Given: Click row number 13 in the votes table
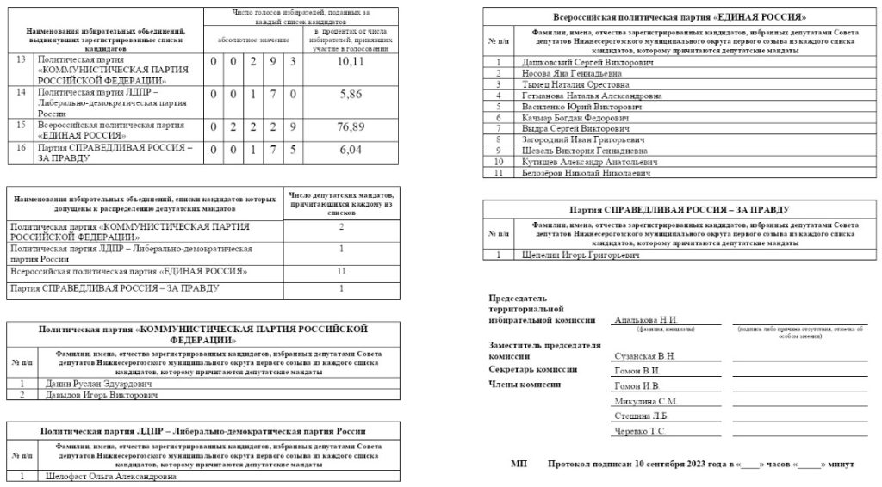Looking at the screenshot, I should click(21, 61).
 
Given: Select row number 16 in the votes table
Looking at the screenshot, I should click(21, 147).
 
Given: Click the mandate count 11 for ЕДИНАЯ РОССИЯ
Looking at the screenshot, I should click(341, 272).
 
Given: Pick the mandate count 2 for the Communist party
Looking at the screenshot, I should click(341, 226).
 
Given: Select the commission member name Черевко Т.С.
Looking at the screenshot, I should click(638, 430).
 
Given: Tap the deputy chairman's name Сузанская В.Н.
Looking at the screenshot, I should click(643, 355).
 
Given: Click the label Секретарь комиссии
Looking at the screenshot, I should click(528, 370).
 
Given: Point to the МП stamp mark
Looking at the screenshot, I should click(519, 464).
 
